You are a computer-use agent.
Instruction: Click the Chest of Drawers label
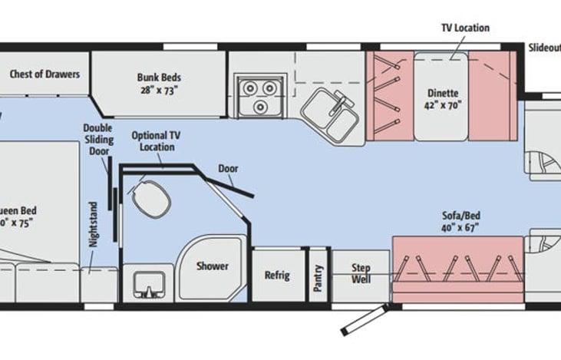45,74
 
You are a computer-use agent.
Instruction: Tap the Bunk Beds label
160,78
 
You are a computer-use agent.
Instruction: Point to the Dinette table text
442,94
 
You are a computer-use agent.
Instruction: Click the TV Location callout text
464,28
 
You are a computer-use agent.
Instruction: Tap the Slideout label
544,47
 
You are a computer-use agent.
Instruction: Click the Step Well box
361,274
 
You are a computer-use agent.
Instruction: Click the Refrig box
277,275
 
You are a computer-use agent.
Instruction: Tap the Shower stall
212,267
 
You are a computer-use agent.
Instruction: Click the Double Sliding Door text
98,140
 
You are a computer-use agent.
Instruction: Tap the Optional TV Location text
152,140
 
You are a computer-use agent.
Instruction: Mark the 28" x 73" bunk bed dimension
160,91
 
